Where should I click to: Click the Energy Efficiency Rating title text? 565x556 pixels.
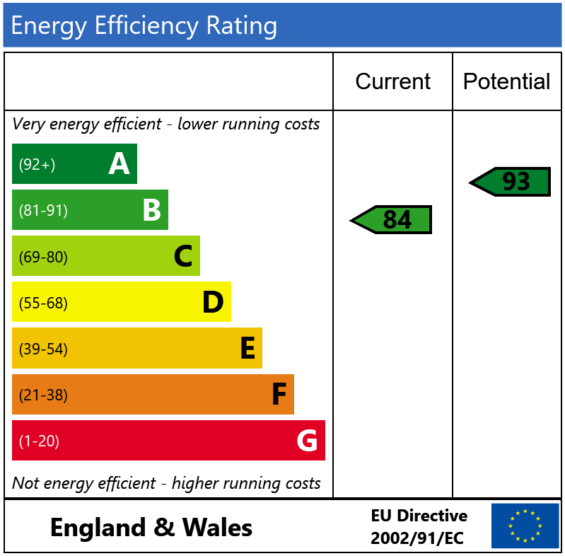144,26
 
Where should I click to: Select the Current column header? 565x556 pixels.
392,81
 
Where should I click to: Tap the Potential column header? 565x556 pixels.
506,81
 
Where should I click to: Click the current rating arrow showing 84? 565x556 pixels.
391,219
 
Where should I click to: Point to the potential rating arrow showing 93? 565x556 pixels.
510,182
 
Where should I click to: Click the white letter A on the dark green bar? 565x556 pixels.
119,163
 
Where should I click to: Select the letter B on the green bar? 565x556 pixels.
152,209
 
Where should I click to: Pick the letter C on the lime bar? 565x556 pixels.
183,255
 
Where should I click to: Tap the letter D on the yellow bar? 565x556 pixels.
213,301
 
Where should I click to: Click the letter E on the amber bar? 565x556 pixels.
248,347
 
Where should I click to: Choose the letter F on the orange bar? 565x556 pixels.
279,394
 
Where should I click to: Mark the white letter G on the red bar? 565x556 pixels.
307,440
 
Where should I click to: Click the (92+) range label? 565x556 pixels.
37,164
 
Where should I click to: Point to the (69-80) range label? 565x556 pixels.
43,257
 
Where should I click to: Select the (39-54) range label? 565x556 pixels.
43,349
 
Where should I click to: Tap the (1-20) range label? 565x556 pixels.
39,441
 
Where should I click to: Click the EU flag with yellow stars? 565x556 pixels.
525,526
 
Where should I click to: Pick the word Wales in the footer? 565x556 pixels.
217,528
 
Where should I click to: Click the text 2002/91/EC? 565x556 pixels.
417,538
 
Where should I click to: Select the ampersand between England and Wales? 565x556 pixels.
164,528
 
